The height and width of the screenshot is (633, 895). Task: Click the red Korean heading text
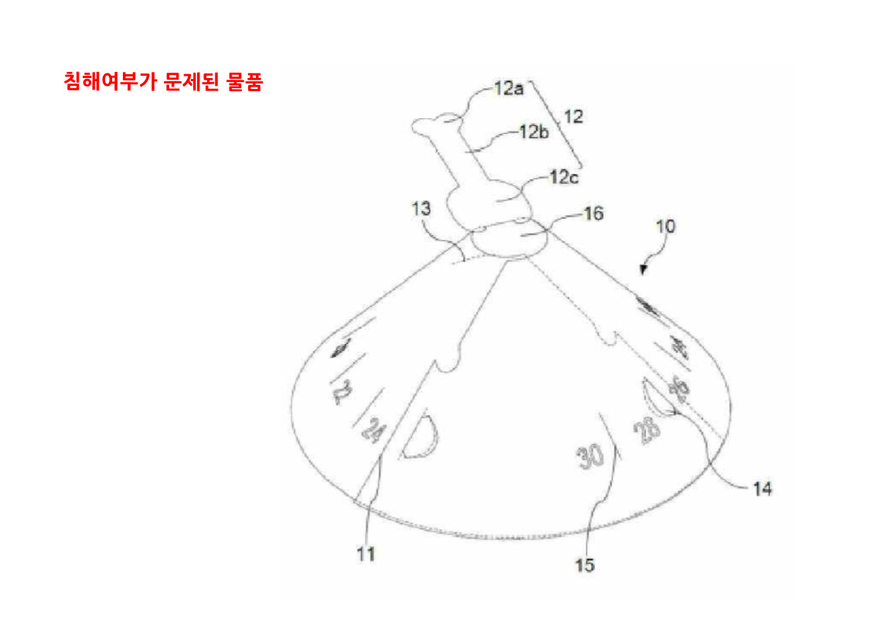(163, 83)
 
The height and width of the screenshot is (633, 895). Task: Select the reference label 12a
(509, 90)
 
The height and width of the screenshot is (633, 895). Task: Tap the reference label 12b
(533, 132)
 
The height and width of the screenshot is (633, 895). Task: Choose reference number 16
(594, 213)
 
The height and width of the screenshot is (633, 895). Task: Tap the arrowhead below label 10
(642, 269)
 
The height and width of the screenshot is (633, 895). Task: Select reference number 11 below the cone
(366, 554)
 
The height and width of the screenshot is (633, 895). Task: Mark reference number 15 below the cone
(585, 565)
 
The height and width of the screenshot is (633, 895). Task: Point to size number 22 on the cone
(341, 395)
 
